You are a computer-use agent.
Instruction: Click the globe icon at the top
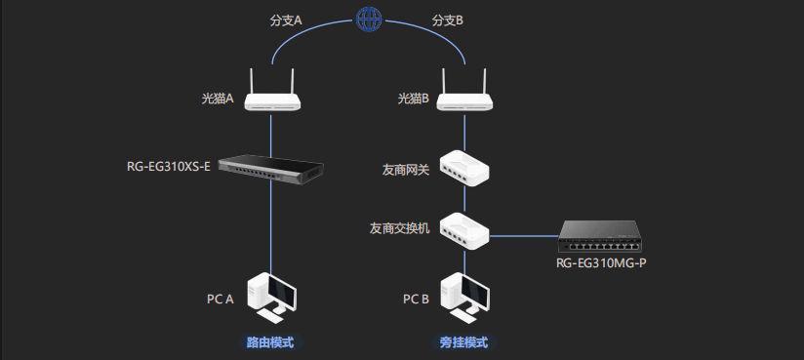367,19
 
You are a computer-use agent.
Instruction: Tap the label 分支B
450,19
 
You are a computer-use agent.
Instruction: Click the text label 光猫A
217,99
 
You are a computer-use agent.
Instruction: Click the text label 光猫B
413,99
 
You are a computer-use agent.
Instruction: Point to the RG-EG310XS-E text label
168,166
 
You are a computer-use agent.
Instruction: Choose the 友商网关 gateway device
463,169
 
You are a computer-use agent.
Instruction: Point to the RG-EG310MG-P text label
601,263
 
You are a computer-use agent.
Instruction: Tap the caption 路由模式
270,343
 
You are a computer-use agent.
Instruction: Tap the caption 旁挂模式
463,343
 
